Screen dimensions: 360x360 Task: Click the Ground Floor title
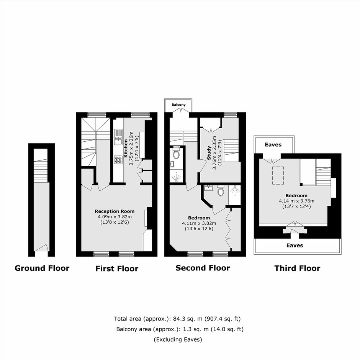[x=42, y=268]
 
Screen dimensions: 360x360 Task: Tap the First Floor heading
[x=117, y=268]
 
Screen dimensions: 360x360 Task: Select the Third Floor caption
[x=297, y=268]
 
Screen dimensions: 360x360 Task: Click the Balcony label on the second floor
[x=178, y=105]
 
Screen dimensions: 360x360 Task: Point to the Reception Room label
[x=115, y=211]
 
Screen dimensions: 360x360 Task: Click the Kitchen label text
[x=126, y=148]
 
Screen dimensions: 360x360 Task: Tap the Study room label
[x=209, y=153]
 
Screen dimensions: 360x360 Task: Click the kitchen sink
[x=118, y=137]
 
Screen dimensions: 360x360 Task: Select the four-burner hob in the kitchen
[x=118, y=160]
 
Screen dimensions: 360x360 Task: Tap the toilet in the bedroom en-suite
[x=221, y=191]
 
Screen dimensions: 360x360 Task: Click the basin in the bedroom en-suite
[x=209, y=188]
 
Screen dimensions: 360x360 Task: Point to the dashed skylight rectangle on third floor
[x=278, y=175]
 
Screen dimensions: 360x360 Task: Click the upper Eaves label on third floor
[x=273, y=145]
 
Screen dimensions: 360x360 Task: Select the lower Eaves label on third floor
[x=295, y=245]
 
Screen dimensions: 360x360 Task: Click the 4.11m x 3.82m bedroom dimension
[x=199, y=223]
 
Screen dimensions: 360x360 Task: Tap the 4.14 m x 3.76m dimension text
[x=297, y=201]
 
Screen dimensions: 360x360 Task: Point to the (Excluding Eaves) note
[x=178, y=339]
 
